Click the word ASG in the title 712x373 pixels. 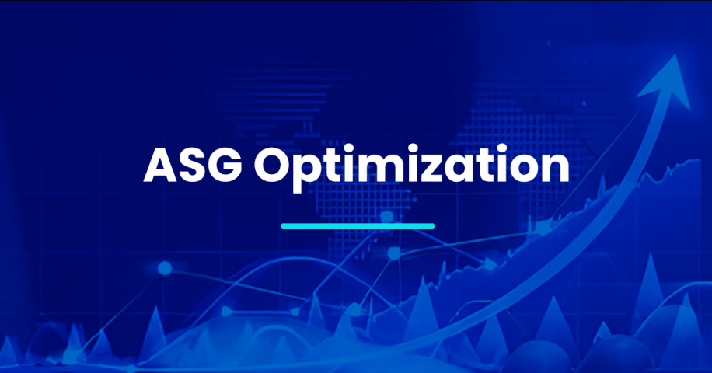coord(193,166)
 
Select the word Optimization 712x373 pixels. coord(411,167)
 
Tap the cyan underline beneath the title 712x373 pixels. coord(358,226)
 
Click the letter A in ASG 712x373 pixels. coord(160,166)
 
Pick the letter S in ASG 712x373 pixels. coord(193,166)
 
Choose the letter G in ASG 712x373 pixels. coord(225,166)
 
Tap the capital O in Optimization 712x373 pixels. coord(271,166)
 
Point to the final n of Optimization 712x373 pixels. coord(557,169)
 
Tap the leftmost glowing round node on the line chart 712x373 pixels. coord(165,268)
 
